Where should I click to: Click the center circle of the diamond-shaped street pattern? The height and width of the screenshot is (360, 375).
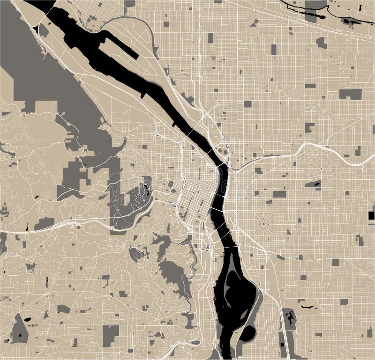(264, 224)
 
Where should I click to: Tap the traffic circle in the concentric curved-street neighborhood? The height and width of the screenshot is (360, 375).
(321, 168)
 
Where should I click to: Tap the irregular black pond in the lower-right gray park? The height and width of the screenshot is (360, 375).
(291, 320)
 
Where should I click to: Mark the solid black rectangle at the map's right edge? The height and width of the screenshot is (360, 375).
(371, 216)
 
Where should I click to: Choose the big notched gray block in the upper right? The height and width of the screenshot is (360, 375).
(350, 94)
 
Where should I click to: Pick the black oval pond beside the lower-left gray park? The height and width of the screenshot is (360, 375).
(28, 319)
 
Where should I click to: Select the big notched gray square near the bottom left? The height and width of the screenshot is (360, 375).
(111, 333)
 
